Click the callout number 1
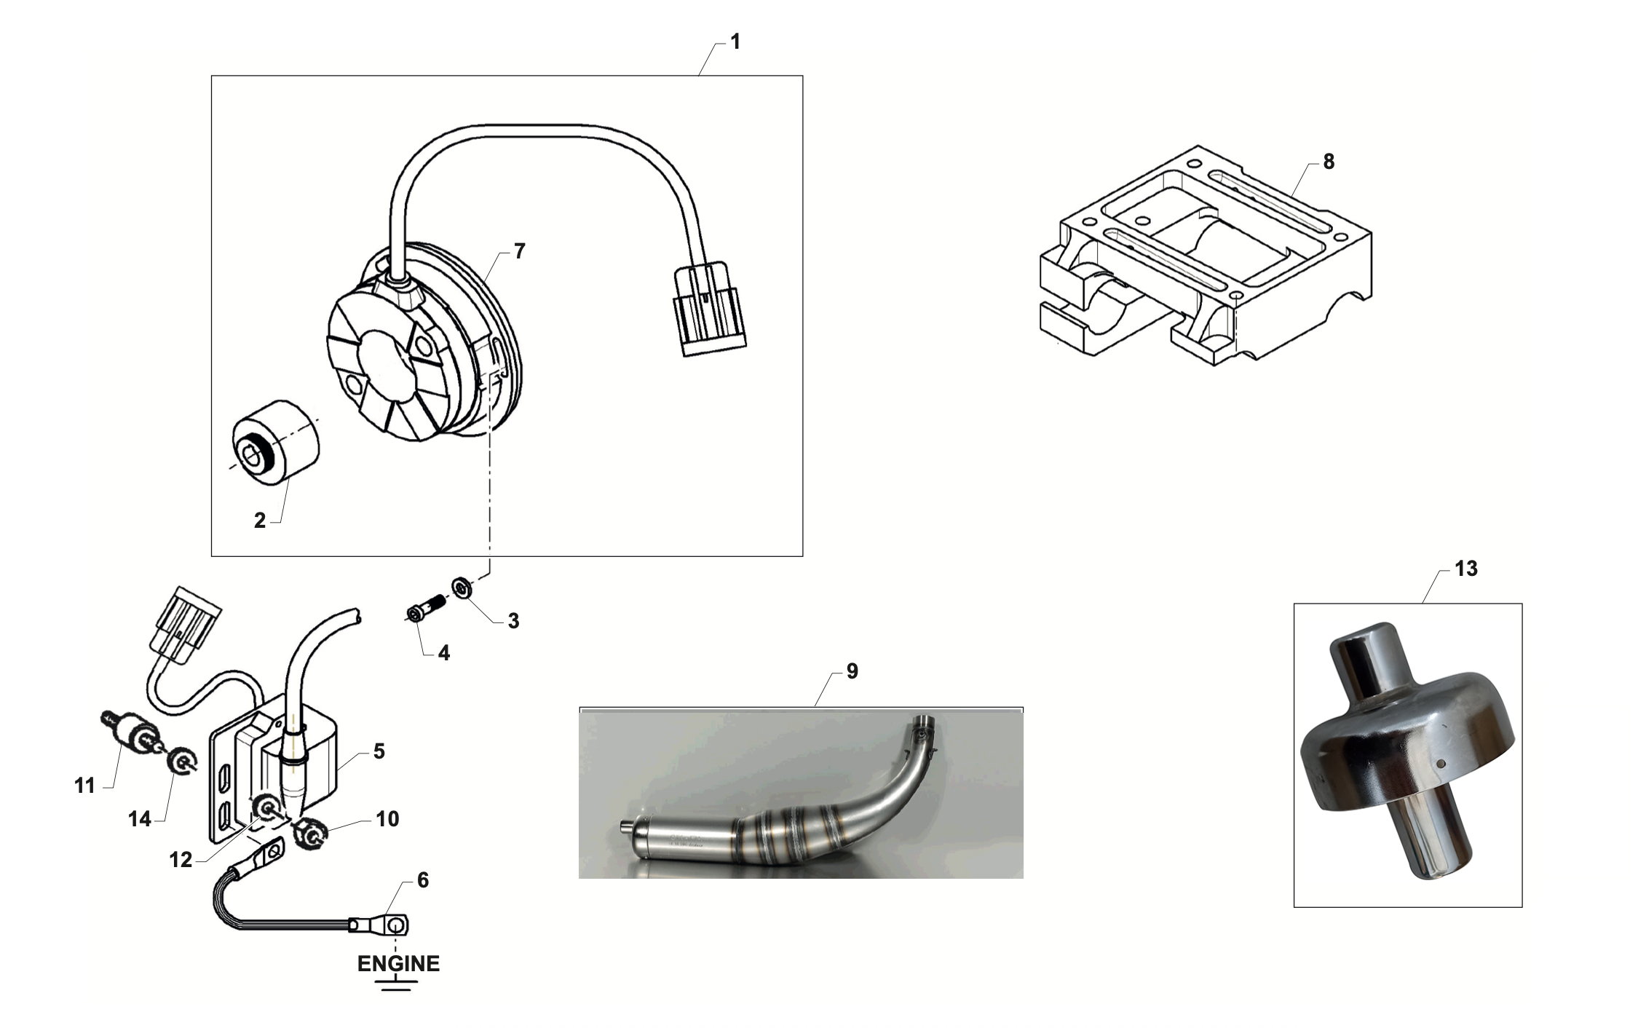pos(735,42)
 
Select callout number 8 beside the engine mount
pos(1329,162)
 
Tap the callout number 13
pos(1465,569)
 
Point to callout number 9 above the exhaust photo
pos(852,671)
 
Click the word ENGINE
pos(398,963)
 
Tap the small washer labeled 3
pos(461,586)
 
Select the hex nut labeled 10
pos(312,834)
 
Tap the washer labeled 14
pos(180,762)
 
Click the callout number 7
pos(519,251)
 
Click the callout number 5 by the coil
pos(379,751)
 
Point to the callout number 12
pos(180,861)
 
